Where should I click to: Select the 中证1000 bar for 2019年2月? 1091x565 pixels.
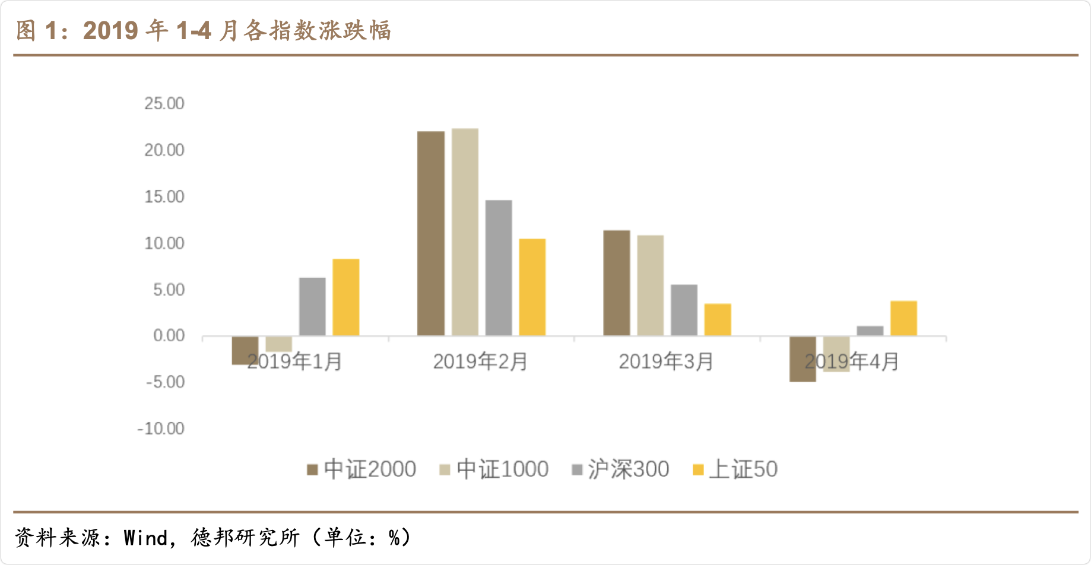coord(465,232)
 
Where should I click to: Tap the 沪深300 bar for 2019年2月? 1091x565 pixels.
coord(499,268)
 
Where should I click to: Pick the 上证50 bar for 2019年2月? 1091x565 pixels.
coord(532,287)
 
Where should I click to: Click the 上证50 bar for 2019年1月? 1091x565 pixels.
coord(346,297)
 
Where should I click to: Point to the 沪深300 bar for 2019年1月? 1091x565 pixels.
coord(312,307)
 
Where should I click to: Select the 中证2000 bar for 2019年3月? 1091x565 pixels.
coord(617,283)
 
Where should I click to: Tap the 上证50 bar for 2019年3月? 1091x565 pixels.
coord(718,320)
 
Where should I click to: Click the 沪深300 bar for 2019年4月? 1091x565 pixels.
coord(870,331)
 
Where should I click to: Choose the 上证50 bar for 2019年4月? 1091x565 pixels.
coord(903,318)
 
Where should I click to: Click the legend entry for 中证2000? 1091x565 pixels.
coord(361,469)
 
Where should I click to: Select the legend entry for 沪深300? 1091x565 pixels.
coord(620,469)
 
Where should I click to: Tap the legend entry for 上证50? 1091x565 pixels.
coord(735,469)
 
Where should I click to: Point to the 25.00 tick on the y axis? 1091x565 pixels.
coord(164,104)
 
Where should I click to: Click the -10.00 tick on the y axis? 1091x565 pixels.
coord(161,428)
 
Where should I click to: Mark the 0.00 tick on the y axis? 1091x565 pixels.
coord(169,336)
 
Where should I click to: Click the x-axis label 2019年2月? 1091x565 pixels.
coord(480,361)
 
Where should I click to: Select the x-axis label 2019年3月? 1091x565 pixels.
coord(666,361)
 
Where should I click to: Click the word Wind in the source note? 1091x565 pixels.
coord(145,538)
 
